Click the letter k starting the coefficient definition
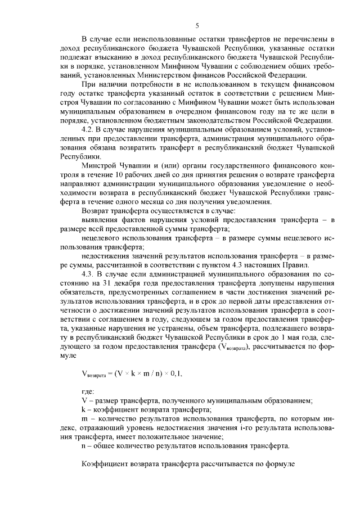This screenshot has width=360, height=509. click(83, 409)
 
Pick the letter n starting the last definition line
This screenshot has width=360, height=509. click(84, 446)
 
